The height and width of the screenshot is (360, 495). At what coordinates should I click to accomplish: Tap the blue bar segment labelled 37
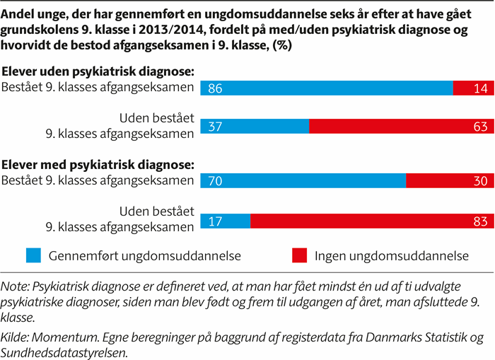255,127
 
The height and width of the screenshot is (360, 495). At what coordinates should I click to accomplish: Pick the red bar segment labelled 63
400,127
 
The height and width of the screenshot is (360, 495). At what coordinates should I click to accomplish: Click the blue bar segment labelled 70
303,180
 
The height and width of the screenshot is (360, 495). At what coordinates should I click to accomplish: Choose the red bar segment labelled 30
448,180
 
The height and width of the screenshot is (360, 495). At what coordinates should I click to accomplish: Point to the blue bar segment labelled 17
226,220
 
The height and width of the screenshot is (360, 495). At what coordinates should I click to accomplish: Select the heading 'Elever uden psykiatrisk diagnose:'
98,71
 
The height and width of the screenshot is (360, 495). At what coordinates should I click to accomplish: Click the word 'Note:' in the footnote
16,287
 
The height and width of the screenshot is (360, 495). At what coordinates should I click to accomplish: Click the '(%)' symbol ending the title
285,45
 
